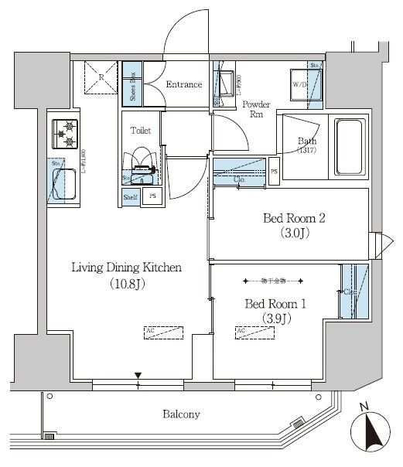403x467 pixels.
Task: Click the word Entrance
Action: (185, 84)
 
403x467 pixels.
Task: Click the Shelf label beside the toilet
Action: (131, 196)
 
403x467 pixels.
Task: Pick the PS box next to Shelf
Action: (152, 196)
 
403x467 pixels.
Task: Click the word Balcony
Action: (182, 414)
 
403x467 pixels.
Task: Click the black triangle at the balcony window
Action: (138, 377)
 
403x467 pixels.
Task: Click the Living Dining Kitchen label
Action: (127, 268)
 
